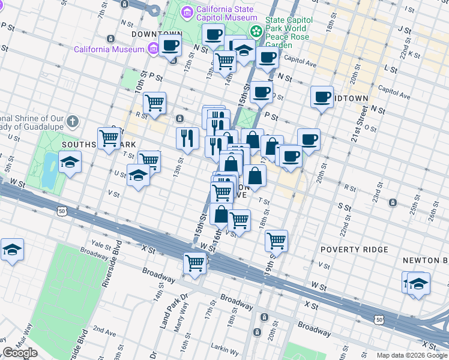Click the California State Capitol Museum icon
coord(187,11)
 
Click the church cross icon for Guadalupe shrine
coord(72,122)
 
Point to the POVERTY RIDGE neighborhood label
coord(354,249)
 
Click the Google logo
coord(20,353)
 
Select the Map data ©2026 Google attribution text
coord(411,355)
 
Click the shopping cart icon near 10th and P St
coord(155,103)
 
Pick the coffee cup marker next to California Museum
coord(170,45)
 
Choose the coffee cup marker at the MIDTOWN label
coord(322,97)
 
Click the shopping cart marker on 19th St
coord(276,241)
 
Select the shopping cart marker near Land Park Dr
coord(195,263)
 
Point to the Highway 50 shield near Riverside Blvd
coord(62,211)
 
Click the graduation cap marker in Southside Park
coord(70,163)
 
